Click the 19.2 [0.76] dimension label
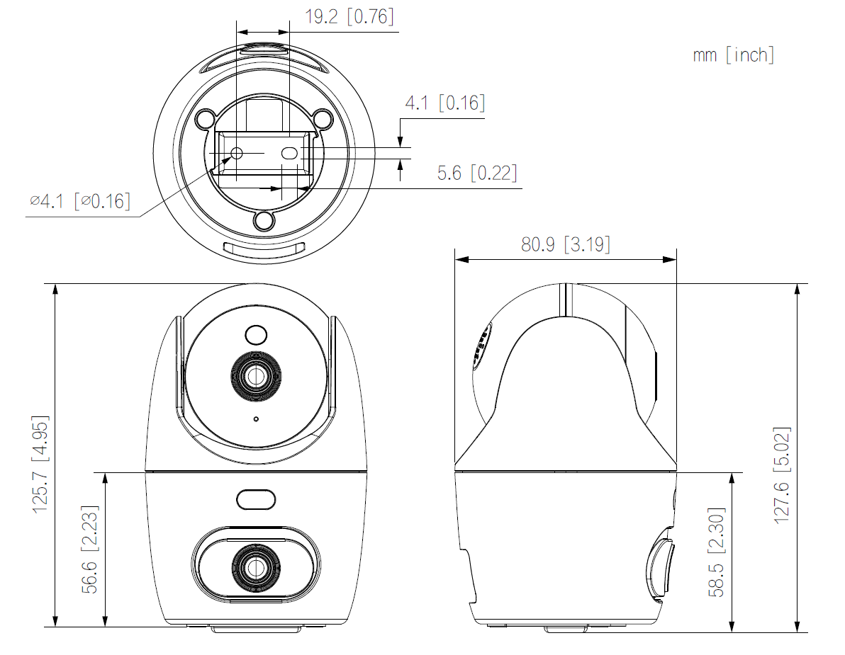click(x=349, y=17)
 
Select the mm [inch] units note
click(x=733, y=55)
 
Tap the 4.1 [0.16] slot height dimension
click(x=444, y=103)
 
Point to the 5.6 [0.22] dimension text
click(x=476, y=173)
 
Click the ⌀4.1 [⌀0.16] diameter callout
click(x=79, y=201)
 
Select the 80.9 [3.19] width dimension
click(x=565, y=244)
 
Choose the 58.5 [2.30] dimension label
click(x=717, y=552)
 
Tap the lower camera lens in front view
click(x=253, y=565)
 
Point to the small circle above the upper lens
click(x=255, y=334)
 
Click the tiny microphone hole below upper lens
click(x=255, y=419)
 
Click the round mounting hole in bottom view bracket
click(x=237, y=153)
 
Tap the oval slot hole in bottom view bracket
click(x=289, y=152)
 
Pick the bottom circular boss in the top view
click(x=264, y=221)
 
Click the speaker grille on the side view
click(x=481, y=347)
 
